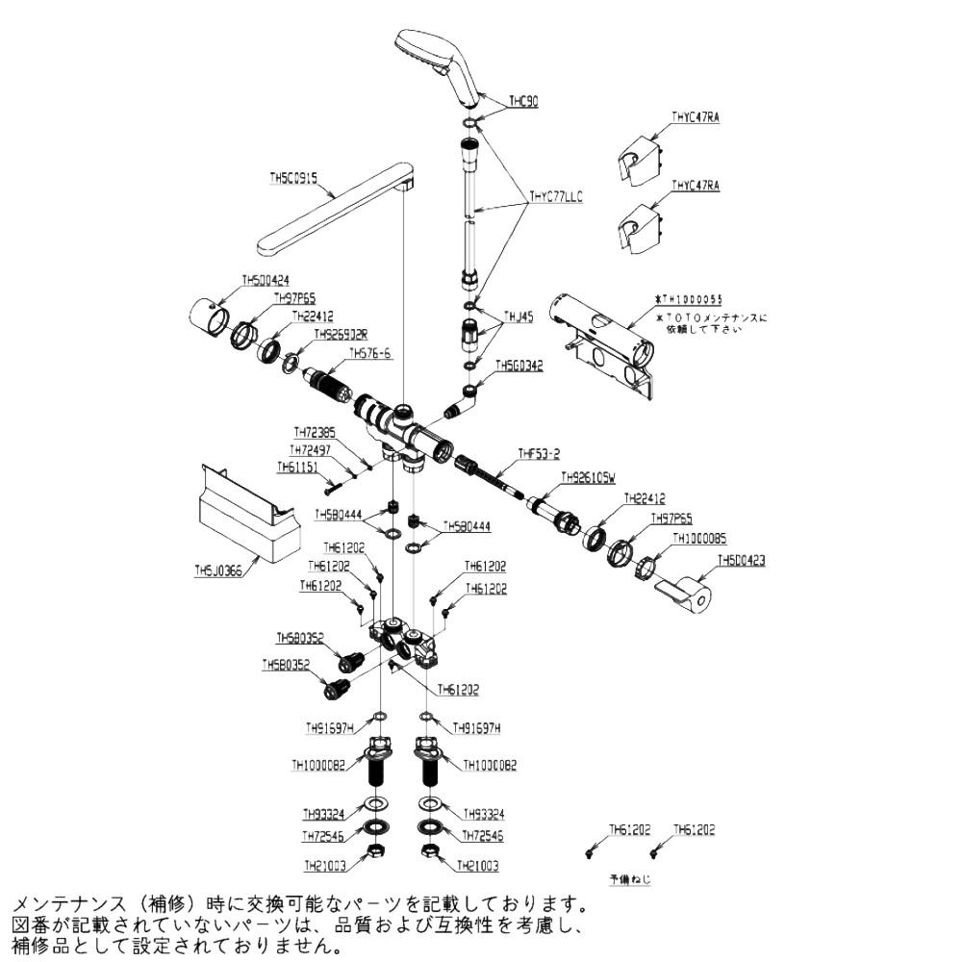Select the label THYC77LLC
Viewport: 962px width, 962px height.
click(556, 195)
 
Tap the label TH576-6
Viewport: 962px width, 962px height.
click(371, 353)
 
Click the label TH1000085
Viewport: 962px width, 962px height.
click(699, 539)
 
